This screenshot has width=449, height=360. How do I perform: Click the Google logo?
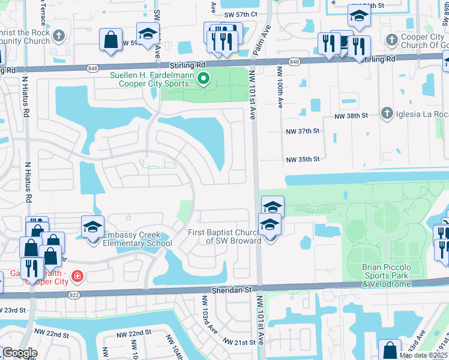[19, 353]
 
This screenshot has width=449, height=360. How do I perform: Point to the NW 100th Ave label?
[280, 88]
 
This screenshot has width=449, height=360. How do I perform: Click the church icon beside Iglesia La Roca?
[387, 113]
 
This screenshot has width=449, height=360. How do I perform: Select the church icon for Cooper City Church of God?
[391, 40]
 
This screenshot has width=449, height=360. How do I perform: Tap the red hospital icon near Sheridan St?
[77, 277]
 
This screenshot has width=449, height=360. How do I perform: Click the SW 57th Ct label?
[241, 14]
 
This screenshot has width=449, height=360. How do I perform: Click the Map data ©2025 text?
[423, 355]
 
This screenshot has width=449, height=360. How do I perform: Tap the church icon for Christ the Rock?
[58, 36]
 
